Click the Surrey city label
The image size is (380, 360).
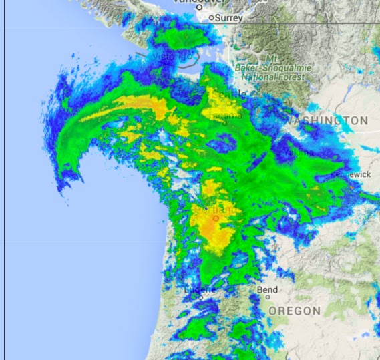(x=230, y=19)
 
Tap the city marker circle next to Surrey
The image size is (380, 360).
(x=212, y=18)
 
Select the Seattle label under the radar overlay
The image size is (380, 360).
(x=227, y=94)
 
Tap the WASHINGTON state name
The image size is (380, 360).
(x=329, y=120)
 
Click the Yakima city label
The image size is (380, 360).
(x=299, y=153)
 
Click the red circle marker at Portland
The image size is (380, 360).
(x=216, y=218)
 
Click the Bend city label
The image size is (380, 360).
(x=266, y=289)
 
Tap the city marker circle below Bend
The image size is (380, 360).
(x=266, y=297)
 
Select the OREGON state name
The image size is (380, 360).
(x=295, y=311)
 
